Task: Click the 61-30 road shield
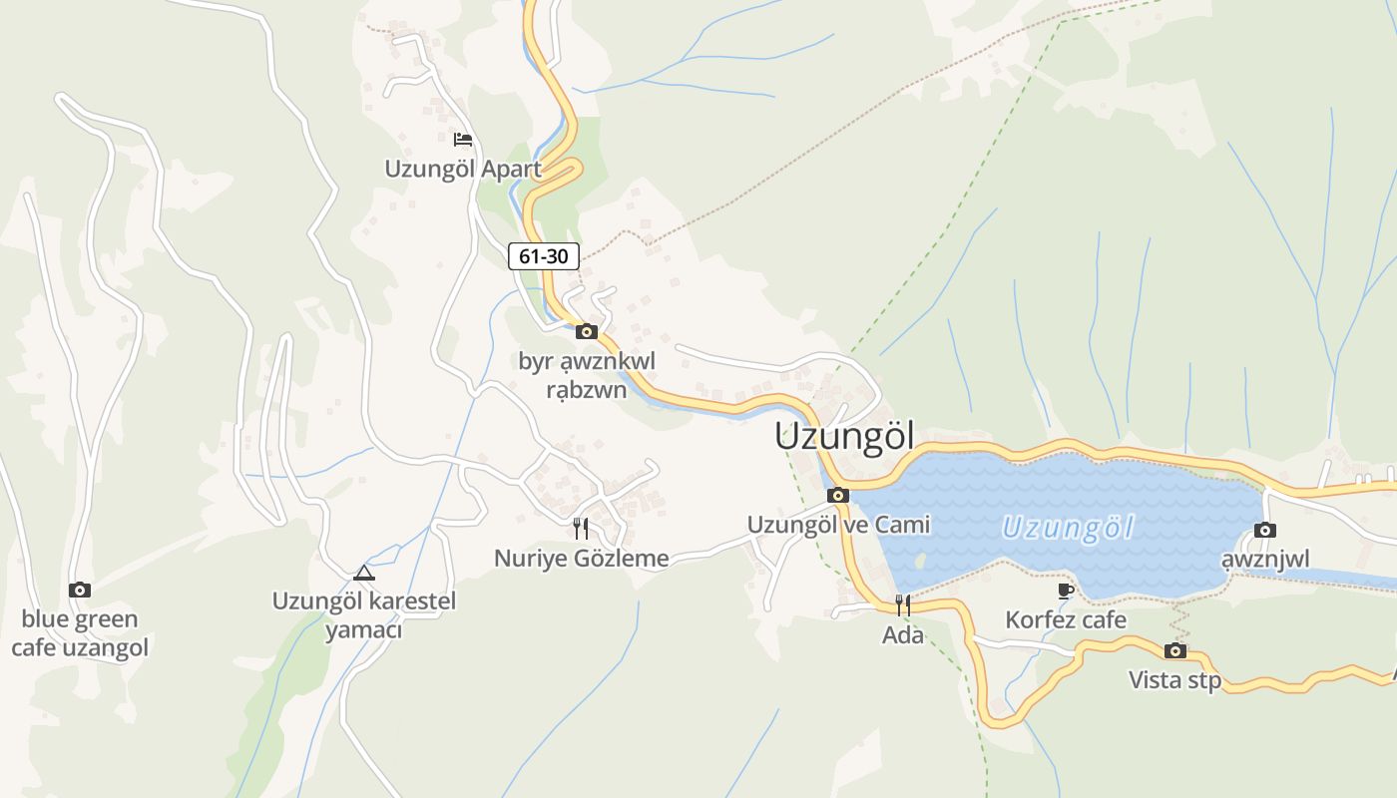coord(544,256)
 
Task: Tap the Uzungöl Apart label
coord(463,169)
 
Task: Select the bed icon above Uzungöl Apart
coord(463,140)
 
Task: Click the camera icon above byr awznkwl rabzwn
coord(587,331)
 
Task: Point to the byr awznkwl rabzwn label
coord(587,375)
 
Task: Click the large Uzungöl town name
coord(844,437)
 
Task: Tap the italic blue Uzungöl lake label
coord(1068,527)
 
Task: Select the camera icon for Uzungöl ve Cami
coord(838,495)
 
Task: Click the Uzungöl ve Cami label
coord(838,524)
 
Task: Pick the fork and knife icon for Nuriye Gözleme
coord(581,528)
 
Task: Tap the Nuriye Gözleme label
coord(582,559)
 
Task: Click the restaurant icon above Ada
coord(903,604)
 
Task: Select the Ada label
coord(903,634)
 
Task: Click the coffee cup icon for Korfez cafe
coord(1066,591)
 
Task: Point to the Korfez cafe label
coord(1066,620)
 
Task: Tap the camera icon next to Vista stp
coord(1175,651)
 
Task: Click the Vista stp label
coord(1174,680)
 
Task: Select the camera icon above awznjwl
coord(1265,530)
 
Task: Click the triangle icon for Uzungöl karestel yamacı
coord(364,573)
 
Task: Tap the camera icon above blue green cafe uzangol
coord(80,591)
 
